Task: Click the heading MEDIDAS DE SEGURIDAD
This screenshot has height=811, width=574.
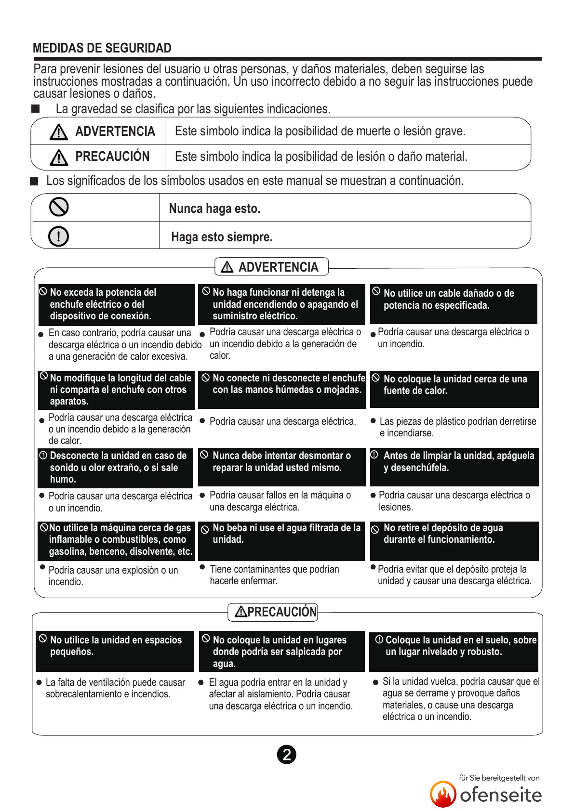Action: (x=102, y=48)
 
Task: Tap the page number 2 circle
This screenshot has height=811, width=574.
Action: (x=287, y=755)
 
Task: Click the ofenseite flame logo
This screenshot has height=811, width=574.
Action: (x=443, y=794)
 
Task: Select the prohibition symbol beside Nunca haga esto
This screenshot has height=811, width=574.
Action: (x=59, y=207)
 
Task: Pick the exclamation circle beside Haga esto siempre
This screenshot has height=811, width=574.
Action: (x=59, y=236)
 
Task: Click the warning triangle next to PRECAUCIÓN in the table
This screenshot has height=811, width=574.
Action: (x=59, y=157)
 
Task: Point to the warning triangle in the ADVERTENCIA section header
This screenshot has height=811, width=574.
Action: (x=227, y=267)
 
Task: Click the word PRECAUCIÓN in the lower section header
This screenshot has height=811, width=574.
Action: (x=282, y=612)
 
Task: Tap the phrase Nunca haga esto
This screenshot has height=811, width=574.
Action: (x=214, y=209)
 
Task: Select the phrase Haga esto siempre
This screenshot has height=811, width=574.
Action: (x=222, y=237)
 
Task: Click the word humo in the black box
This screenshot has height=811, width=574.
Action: (x=62, y=479)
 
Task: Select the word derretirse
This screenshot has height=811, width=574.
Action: (x=512, y=421)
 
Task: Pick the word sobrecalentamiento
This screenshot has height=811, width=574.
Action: (x=90, y=694)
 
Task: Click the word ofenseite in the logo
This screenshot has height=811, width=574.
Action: (x=501, y=795)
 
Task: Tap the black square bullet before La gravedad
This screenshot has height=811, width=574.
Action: (x=36, y=109)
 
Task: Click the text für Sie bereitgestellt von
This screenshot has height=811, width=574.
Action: (x=499, y=778)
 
